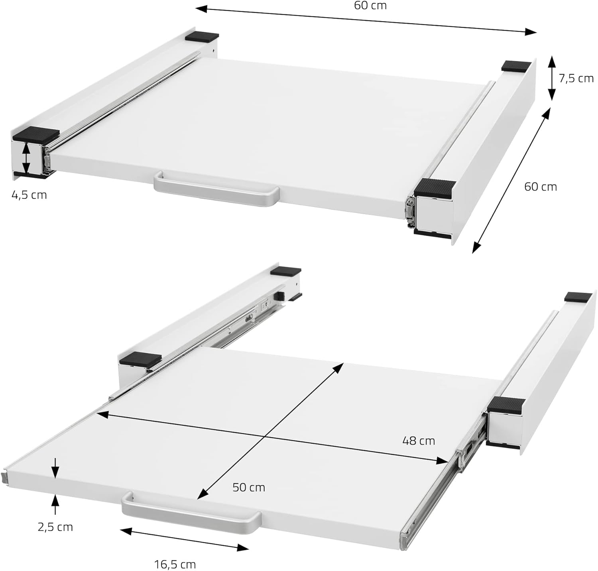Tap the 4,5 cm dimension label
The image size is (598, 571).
29,195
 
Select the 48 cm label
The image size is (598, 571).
418,441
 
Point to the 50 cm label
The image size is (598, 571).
249,487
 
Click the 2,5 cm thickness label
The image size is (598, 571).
55,527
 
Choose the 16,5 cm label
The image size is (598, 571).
175,564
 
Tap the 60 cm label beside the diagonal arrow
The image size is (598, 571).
540,187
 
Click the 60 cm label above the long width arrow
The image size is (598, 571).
370,6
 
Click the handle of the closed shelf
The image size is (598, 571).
217,189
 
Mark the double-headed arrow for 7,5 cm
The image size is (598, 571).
551,78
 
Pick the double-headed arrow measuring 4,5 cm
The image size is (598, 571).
26,158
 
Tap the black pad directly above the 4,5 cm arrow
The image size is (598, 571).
36,133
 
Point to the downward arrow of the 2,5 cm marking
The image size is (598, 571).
55,467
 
